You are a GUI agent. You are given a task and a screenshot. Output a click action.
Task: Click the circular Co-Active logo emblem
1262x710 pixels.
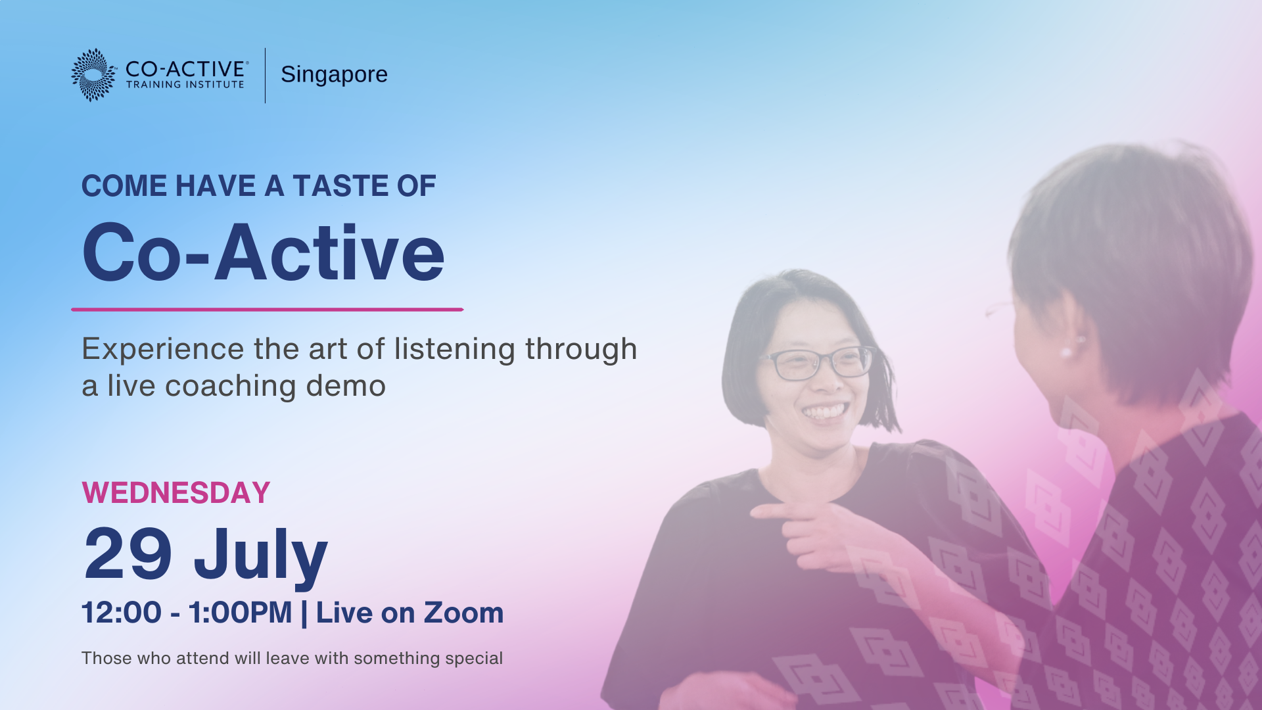tap(93, 75)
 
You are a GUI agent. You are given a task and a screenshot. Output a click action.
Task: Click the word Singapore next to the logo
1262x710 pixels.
tap(334, 75)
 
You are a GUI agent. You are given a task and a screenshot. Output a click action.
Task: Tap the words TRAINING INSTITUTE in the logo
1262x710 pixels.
tap(185, 85)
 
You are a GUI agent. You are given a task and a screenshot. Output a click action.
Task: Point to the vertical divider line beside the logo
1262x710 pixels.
tap(266, 75)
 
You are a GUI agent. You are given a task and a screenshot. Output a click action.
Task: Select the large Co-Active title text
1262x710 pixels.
tap(263, 253)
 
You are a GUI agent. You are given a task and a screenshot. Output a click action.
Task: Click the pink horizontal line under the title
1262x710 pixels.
tap(268, 309)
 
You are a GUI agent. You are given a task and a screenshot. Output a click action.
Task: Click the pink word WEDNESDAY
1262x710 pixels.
tap(176, 493)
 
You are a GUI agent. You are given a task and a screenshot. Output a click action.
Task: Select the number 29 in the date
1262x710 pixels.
tap(128, 554)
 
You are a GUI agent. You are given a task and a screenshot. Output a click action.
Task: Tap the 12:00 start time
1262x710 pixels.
tap(122, 613)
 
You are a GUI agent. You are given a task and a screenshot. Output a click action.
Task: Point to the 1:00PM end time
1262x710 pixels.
tap(240, 613)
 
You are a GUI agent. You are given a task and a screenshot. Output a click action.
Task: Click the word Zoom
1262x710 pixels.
tap(463, 613)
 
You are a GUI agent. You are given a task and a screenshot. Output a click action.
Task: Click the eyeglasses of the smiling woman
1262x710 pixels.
tap(818, 362)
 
